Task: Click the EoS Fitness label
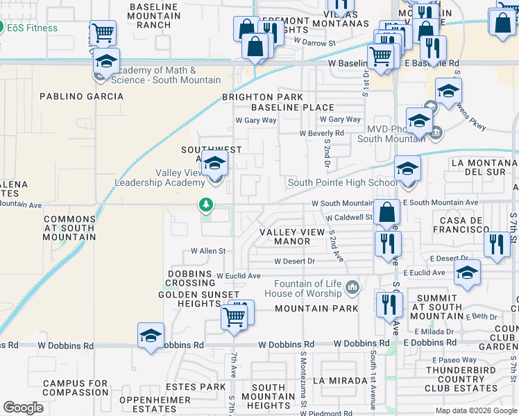coord(33,28)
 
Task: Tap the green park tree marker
coord(206,205)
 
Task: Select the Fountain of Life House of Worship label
coord(309,288)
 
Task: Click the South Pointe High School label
coord(342,182)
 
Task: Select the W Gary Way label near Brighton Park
coord(256,120)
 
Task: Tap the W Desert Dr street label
coord(295,261)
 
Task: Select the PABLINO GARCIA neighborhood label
coord(81,97)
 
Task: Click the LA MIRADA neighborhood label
coord(338,381)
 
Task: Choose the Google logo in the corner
coord(23,408)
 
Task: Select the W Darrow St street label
coord(314,42)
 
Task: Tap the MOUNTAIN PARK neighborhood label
coord(316,309)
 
